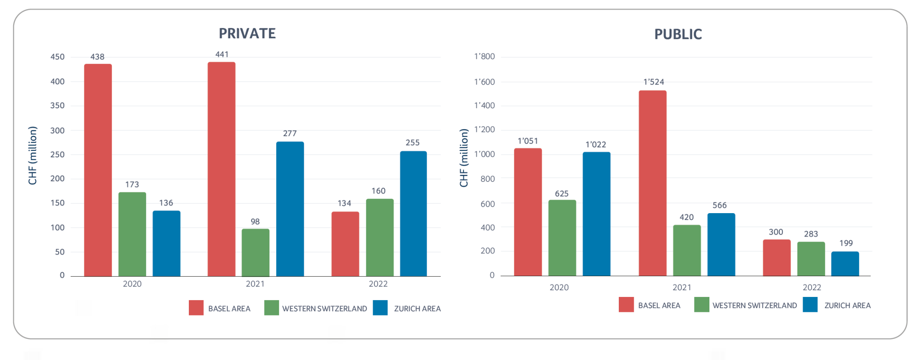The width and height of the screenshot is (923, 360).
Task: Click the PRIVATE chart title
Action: point(247,33)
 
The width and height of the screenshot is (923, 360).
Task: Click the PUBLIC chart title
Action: point(678,34)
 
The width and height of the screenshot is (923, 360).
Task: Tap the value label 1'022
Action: point(595,145)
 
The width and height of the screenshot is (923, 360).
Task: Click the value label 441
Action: point(222,55)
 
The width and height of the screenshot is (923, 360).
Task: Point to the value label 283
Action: point(811,234)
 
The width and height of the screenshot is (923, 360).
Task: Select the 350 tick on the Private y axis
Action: point(57,105)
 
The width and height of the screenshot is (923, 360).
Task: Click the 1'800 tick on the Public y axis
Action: point(484,57)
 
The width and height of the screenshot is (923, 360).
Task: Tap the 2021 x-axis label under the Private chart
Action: point(255,284)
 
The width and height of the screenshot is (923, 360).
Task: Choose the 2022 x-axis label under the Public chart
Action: point(812,287)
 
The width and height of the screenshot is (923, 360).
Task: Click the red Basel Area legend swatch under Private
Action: point(196,308)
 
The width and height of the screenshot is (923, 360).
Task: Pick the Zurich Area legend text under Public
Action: point(847,305)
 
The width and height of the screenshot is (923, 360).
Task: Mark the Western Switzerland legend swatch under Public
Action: point(702,305)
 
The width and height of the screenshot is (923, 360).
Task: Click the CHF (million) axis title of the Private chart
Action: point(32,155)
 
